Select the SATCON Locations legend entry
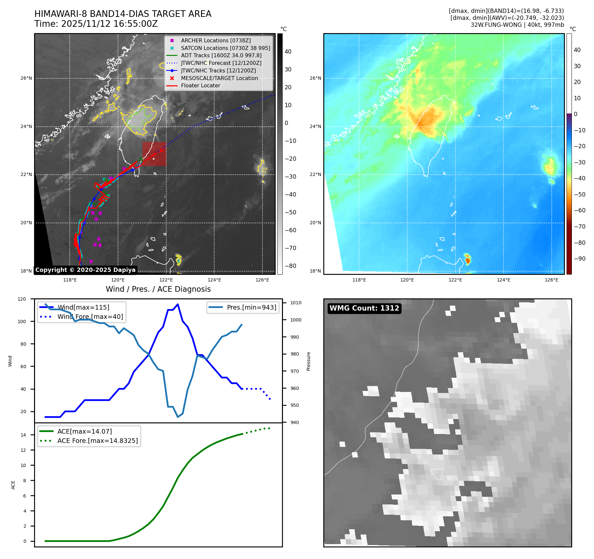point(225,48)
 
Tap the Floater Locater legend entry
point(200,85)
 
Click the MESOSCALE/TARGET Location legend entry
point(219,78)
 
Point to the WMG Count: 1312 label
point(364,308)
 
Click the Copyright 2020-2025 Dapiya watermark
point(85,270)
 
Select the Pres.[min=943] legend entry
point(251,307)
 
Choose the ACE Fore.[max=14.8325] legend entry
point(98,441)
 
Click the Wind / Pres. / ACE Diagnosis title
point(158,289)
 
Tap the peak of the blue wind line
point(178,304)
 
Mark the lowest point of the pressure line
point(178,417)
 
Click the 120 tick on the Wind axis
point(22,299)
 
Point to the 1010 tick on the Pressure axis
point(296,303)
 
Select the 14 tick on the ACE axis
point(23,435)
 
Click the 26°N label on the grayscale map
point(26,78)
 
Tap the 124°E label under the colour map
point(503,280)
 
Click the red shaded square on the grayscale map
point(154,154)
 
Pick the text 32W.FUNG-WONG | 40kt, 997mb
point(517,25)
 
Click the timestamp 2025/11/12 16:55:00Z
point(109,24)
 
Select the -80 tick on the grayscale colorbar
point(291,266)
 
